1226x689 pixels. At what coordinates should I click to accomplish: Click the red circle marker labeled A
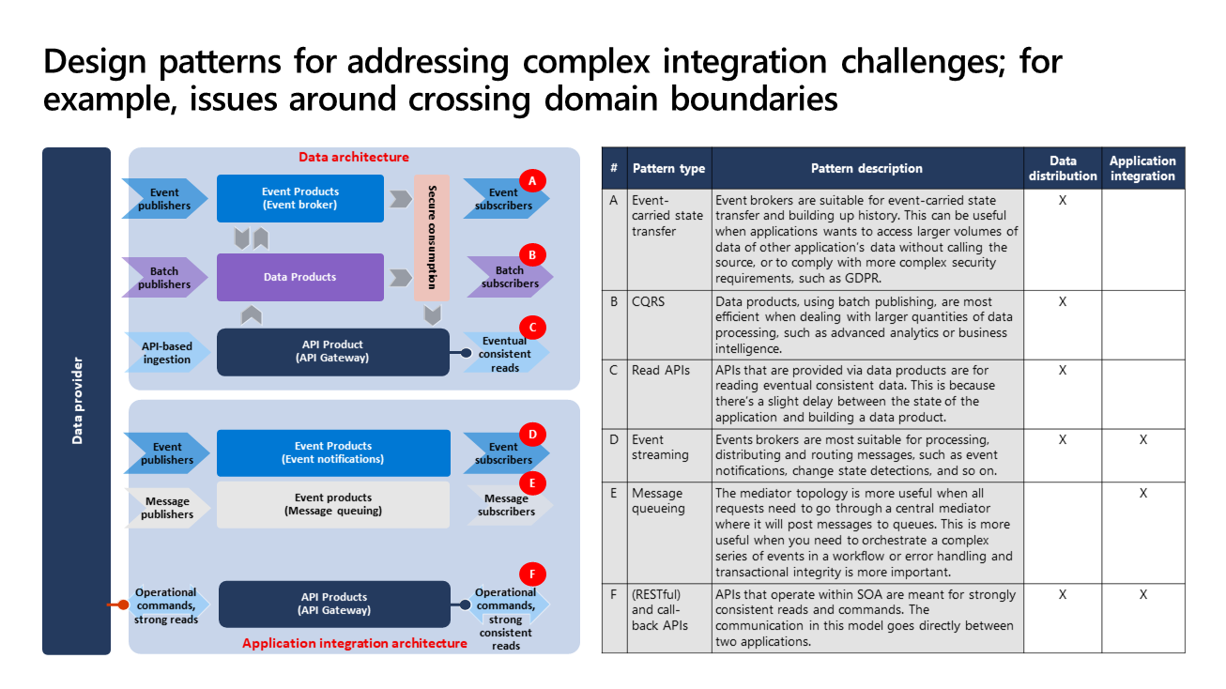[532, 180]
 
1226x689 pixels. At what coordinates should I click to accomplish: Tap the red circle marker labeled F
[532, 574]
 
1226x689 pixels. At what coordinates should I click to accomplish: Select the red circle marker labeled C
[532, 328]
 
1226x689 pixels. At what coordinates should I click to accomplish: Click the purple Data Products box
[300, 277]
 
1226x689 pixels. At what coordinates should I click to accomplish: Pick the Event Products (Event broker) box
[300, 198]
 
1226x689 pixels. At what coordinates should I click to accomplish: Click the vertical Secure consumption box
[432, 237]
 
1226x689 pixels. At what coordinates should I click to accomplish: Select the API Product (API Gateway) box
[332, 351]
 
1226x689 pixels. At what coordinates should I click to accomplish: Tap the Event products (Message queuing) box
[332, 504]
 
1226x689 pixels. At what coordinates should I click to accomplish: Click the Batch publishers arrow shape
[164, 278]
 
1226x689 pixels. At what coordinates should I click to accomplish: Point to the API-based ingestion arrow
[167, 352]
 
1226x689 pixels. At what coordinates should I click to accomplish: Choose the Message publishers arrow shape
[167, 508]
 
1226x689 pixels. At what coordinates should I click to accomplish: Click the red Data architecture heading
[354, 157]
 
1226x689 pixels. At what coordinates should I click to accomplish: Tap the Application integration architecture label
[355, 643]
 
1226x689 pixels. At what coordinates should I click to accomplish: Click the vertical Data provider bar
[77, 401]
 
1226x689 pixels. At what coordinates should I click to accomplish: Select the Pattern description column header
[867, 168]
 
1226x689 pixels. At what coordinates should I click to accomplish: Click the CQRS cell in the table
[648, 301]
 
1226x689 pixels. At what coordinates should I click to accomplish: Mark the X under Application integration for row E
[1143, 493]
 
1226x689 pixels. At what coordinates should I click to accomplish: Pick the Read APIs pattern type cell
[661, 370]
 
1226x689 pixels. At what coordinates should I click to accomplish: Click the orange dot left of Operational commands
[123, 605]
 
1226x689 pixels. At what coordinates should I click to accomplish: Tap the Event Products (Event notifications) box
[333, 452]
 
